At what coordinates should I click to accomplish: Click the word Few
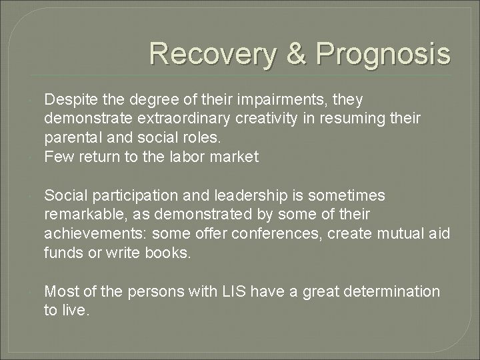[x=57, y=157]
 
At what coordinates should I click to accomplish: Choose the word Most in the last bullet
[x=59, y=291]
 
